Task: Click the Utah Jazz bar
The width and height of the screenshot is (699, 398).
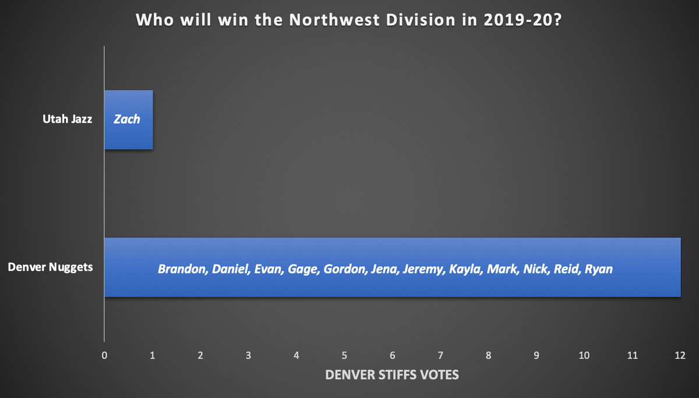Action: click(129, 120)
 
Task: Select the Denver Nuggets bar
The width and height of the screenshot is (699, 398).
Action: click(393, 267)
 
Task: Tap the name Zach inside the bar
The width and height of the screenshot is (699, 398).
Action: click(127, 119)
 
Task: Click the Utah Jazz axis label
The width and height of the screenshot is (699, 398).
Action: click(68, 119)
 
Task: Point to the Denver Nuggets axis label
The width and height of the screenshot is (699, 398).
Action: click(50, 267)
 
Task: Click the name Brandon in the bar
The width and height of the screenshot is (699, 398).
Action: click(183, 269)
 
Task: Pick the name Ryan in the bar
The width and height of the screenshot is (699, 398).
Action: click(599, 269)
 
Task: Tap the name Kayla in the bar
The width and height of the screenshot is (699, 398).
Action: click(466, 269)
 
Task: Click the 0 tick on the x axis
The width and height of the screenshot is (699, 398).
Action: click(104, 355)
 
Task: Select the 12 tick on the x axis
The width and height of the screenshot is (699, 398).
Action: click(680, 355)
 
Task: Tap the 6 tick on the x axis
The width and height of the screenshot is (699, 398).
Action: click(392, 355)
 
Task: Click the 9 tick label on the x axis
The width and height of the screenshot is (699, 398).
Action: click(536, 355)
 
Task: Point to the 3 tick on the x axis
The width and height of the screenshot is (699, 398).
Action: click(248, 355)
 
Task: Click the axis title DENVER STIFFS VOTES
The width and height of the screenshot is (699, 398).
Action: click(392, 375)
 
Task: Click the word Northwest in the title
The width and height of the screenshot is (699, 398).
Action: click(334, 20)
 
